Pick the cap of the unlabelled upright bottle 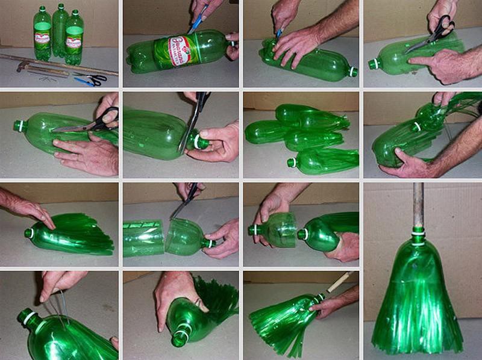click(60, 6)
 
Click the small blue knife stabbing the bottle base click(279, 34)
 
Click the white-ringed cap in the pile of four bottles click(292, 163)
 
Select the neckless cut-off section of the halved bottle click(143, 238)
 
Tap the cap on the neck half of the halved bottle click(210, 243)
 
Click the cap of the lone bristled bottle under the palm click(28, 232)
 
